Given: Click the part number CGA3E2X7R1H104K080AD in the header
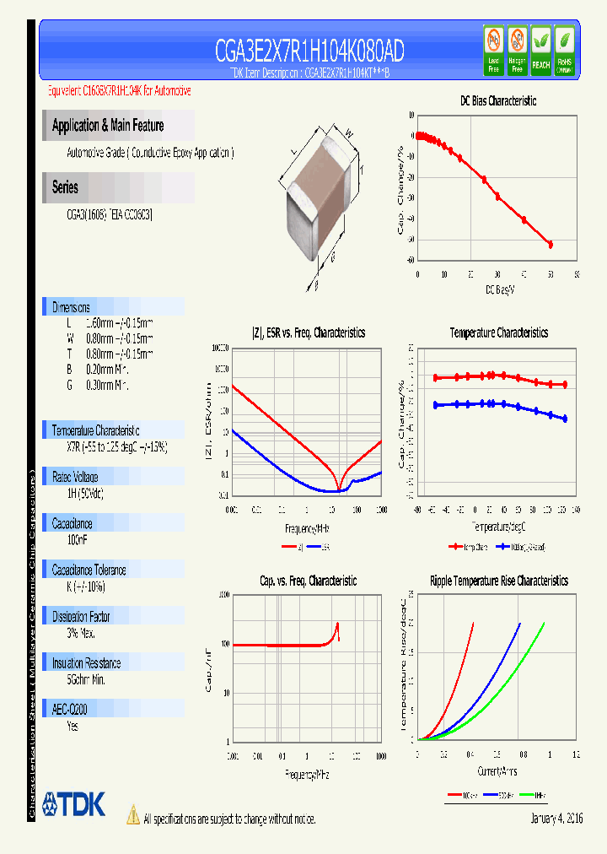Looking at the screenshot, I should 309,52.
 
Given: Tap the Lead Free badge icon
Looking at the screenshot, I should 494,50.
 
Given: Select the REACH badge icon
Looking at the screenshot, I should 540,50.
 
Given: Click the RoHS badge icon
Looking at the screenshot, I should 564,50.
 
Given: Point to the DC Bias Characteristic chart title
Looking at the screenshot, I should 498,100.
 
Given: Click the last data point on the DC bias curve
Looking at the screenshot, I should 551,244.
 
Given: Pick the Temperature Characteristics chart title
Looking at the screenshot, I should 498,332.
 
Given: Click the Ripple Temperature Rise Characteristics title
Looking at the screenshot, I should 498,581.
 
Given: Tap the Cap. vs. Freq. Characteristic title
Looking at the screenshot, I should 308,581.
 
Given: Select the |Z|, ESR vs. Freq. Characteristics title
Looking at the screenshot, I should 309,332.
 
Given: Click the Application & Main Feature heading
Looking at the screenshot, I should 108,126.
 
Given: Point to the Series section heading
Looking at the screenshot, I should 66,187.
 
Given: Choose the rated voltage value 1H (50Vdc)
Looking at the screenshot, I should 84,491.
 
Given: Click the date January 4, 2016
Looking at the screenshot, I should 556,819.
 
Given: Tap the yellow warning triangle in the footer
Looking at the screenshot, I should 132,815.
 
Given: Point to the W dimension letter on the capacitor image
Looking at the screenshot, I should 347,131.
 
